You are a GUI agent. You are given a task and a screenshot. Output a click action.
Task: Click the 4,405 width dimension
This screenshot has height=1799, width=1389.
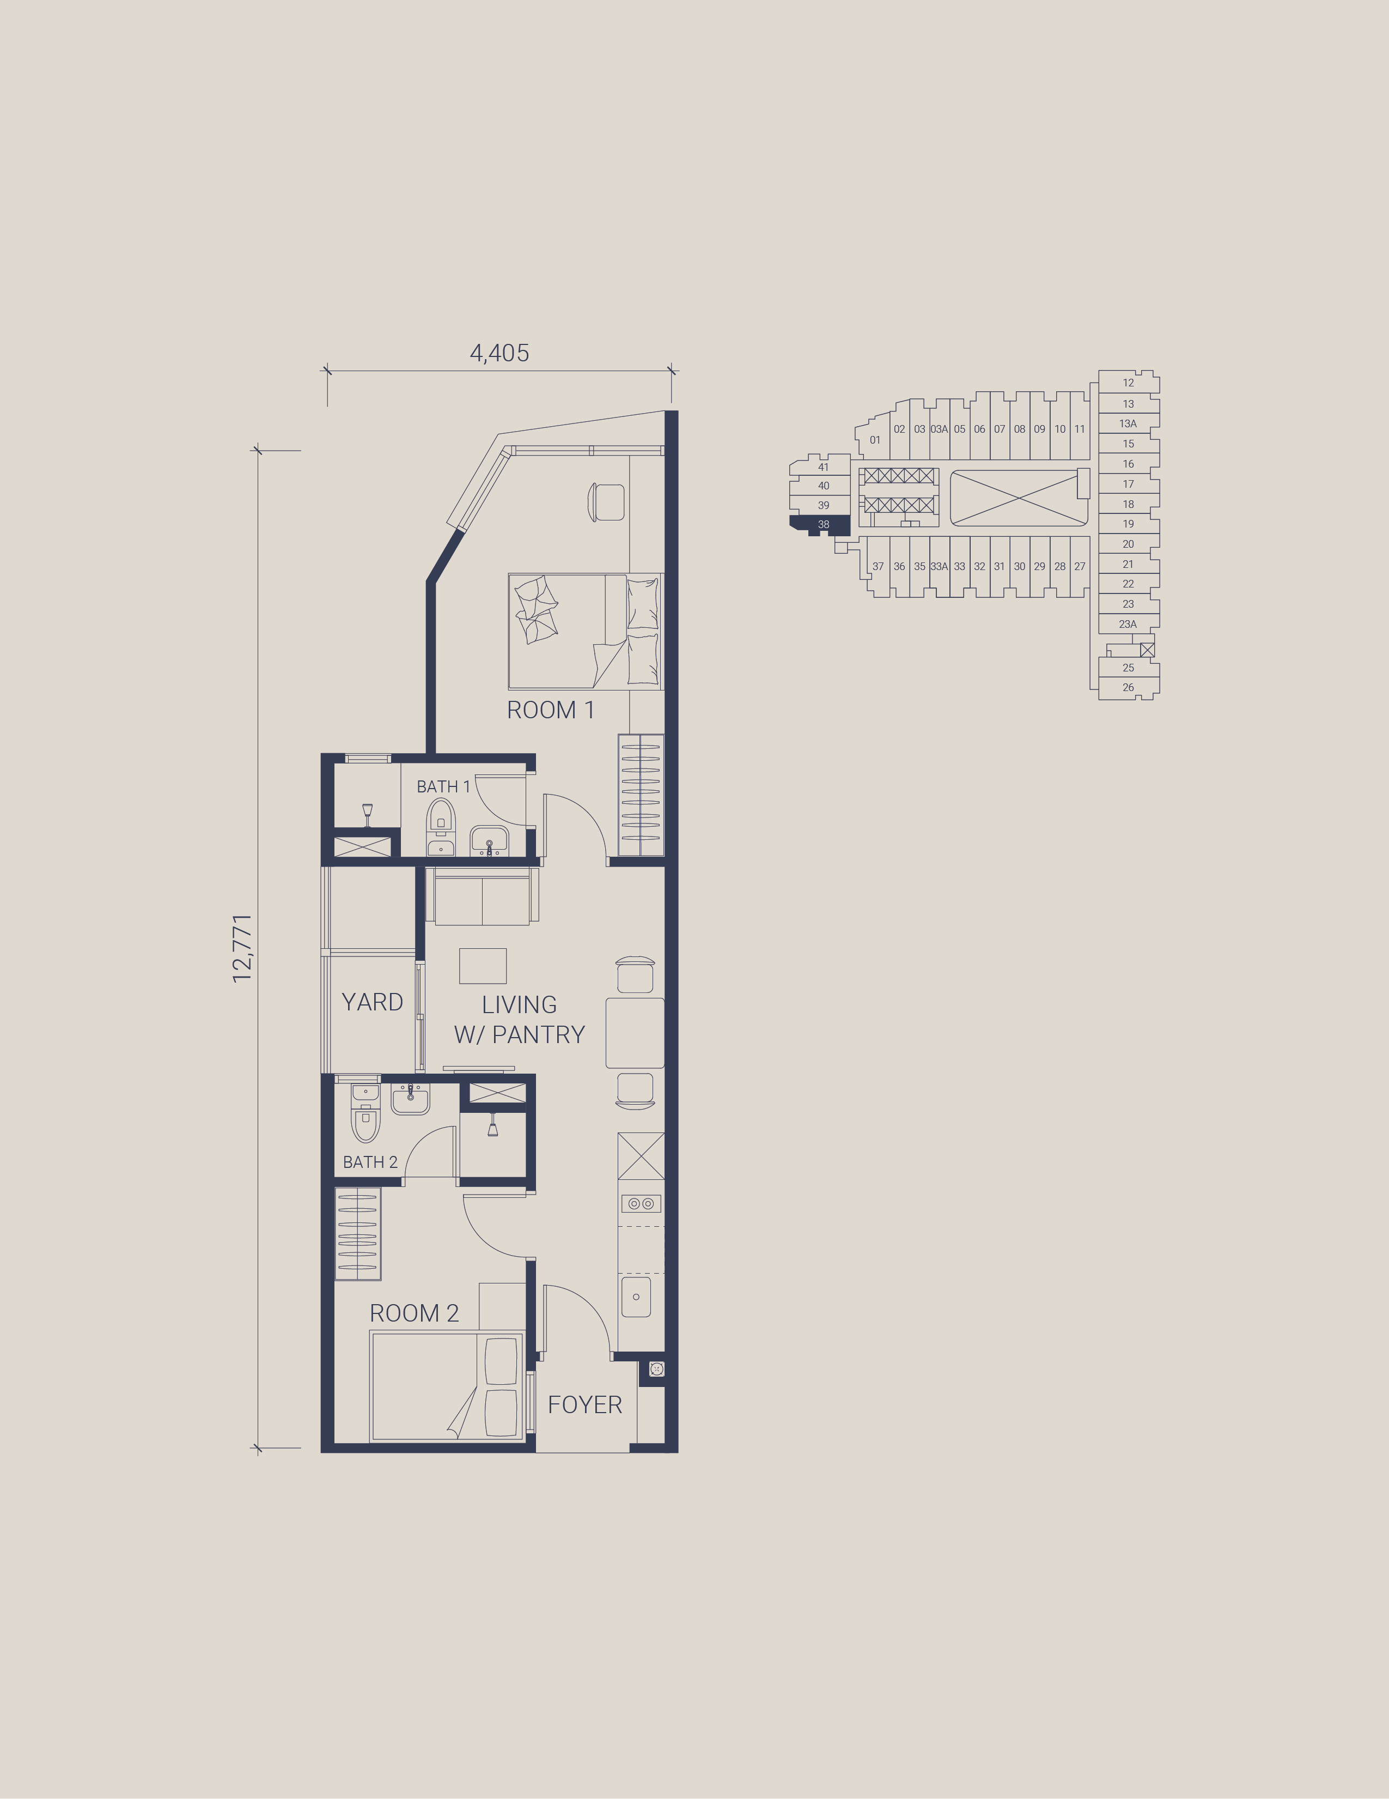(499, 353)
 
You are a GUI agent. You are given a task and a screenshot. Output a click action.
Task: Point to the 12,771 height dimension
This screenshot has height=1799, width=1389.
(242, 948)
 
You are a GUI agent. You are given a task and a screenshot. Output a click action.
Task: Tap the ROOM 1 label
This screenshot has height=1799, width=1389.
(550, 710)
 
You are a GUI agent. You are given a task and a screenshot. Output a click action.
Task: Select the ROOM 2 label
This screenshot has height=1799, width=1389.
(414, 1313)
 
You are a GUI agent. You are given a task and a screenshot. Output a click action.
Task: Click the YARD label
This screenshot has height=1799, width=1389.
(372, 1002)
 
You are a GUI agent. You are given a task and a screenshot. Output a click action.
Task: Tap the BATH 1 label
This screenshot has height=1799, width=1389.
(443, 786)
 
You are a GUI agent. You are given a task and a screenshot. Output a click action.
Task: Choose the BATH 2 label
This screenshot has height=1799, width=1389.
(370, 1162)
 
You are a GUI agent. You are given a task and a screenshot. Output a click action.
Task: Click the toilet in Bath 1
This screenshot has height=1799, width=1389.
(441, 827)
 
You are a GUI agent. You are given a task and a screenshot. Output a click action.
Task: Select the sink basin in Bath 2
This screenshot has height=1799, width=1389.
(410, 1099)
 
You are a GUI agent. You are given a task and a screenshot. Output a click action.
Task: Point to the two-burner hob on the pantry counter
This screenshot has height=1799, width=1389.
(641, 1203)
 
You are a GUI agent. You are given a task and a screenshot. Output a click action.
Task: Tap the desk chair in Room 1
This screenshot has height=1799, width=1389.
(606, 502)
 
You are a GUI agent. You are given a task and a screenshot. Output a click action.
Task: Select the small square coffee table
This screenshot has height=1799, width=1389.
(483, 965)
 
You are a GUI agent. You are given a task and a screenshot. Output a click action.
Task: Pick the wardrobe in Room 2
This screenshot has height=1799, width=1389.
(357, 1233)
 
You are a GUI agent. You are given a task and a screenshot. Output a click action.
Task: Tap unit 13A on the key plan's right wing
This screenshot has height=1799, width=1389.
(1128, 423)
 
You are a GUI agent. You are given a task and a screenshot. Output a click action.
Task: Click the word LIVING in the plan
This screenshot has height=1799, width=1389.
(520, 1005)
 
